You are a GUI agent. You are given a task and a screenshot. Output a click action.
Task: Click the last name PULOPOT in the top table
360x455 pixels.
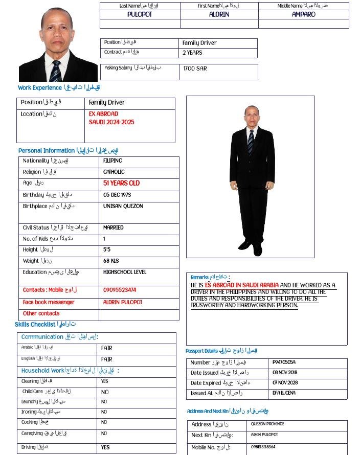[x=140, y=15]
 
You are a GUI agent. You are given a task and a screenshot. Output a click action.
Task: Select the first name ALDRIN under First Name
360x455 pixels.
[x=219, y=15]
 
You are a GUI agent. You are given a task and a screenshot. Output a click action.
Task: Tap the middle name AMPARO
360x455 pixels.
[x=304, y=15]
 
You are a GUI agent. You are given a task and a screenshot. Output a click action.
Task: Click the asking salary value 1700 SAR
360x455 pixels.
[x=195, y=69]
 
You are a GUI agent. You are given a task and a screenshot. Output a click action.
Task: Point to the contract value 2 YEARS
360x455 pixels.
[x=192, y=53]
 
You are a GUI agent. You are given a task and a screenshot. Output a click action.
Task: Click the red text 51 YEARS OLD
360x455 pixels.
[x=121, y=183]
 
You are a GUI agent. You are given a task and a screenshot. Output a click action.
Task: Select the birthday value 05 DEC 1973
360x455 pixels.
[x=117, y=195]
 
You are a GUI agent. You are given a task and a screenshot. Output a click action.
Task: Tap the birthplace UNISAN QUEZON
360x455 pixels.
[x=123, y=206]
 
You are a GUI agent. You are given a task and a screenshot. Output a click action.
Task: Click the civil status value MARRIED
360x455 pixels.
[x=113, y=227]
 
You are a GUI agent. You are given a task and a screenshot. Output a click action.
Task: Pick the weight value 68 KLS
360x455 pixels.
[x=111, y=261]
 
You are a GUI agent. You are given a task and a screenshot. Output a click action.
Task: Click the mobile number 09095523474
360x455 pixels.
[x=120, y=290]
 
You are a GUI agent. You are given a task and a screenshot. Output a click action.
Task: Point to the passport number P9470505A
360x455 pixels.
[x=284, y=362]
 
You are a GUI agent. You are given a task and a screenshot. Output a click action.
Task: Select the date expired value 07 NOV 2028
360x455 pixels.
[x=285, y=383]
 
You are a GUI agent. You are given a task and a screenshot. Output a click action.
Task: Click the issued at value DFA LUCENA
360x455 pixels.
[x=284, y=393]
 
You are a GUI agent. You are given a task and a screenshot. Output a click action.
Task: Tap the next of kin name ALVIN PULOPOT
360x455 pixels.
[x=264, y=435]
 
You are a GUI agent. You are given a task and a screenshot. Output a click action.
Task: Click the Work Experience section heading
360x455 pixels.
[x=59, y=88]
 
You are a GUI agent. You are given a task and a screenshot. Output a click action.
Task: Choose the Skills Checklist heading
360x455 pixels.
[x=45, y=325]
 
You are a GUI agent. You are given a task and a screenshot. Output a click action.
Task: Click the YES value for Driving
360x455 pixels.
[x=105, y=447]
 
